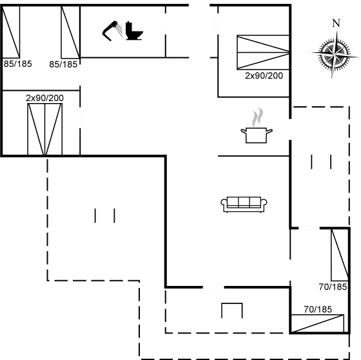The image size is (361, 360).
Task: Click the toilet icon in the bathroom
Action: (x=134, y=31)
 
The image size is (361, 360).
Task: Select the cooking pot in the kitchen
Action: (x=257, y=135)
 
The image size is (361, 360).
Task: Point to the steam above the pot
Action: (x=257, y=117)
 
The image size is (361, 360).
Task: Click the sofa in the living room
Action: (x=244, y=205)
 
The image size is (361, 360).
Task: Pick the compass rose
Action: (x=335, y=55)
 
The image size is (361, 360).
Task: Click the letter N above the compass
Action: (x=337, y=23)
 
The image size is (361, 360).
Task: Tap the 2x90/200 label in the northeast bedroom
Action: (x=264, y=76)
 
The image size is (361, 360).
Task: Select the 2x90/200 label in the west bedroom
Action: (x=44, y=98)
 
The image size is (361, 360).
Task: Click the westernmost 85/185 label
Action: (x=18, y=64)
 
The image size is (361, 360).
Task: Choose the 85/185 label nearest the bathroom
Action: (x=63, y=64)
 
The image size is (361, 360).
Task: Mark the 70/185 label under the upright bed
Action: (x=333, y=287)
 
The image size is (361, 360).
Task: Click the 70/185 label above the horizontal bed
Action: (x=318, y=309)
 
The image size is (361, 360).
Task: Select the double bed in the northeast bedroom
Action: (x=263, y=52)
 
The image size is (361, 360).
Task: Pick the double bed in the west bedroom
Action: (x=45, y=129)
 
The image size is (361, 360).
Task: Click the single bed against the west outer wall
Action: (x=11, y=32)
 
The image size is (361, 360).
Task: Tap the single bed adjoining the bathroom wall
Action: (x=70, y=32)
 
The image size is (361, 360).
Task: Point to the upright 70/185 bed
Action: (x=340, y=255)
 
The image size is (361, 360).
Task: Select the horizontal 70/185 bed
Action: (x=317, y=323)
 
